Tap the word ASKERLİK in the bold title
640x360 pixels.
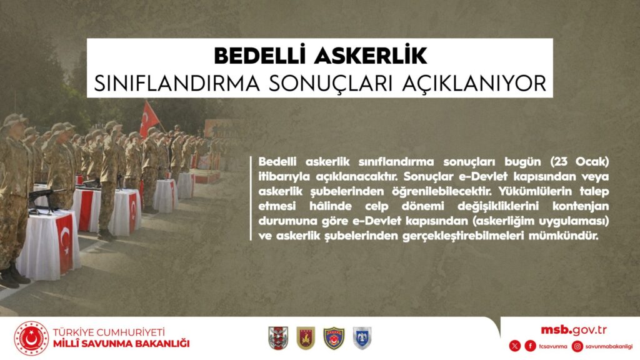371,56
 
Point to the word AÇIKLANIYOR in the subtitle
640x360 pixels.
474,83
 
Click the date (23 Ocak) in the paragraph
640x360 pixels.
579,162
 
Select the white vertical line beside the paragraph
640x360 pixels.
251,198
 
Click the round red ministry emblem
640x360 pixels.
31,338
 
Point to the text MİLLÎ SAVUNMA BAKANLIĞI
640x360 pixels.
121,343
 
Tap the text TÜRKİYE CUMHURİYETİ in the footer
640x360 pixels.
109,332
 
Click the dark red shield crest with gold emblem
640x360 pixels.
306,338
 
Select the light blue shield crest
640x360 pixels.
362,338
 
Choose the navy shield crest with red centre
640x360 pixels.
334,338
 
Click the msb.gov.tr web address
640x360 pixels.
574,330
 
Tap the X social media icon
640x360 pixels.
515,346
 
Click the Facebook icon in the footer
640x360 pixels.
530,346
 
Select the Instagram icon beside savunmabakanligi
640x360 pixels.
577,346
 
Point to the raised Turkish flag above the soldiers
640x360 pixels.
149,119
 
